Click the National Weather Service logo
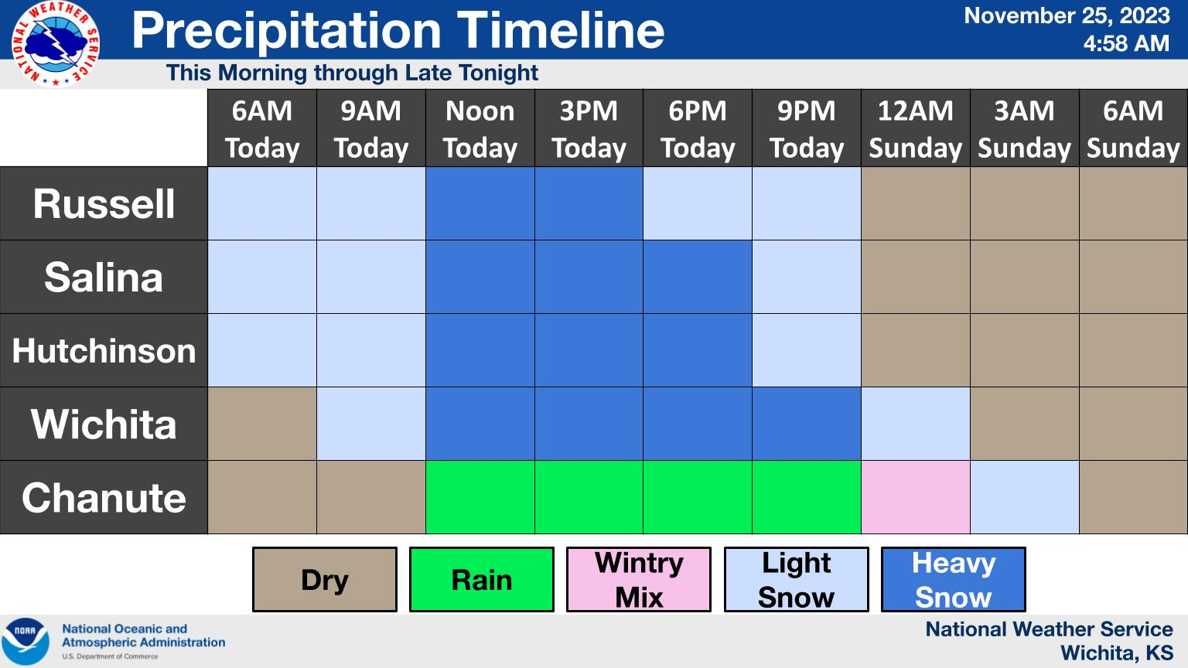(55, 43)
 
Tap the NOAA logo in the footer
(25, 642)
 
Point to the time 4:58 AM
(1126, 43)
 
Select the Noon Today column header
(480, 128)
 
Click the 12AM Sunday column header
(916, 128)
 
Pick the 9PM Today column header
(806, 128)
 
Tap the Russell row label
(104, 203)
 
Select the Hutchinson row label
(104, 350)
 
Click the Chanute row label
(104, 497)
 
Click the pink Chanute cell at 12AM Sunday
(916, 497)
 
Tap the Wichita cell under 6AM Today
(262, 424)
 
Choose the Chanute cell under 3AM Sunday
(1025, 497)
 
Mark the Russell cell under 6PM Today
(698, 203)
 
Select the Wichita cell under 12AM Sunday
(916, 424)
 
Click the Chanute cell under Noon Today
(480, 497)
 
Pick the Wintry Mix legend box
(639, 579)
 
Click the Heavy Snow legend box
(953, 579)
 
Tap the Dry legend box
(325, 579)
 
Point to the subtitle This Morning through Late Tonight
(352, 73)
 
